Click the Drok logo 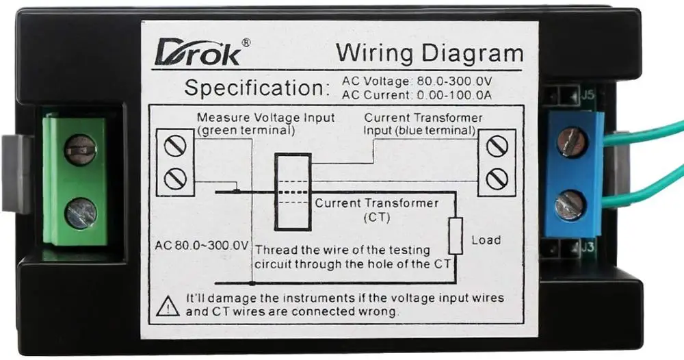click(198, 53)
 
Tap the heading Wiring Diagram click(430, 53)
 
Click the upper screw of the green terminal click(80, 149)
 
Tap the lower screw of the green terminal click(80, 212)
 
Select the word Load click(486, 240)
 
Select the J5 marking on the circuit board click(587, 97)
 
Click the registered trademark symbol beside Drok click(246, 42)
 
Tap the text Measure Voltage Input click(265, 118)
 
